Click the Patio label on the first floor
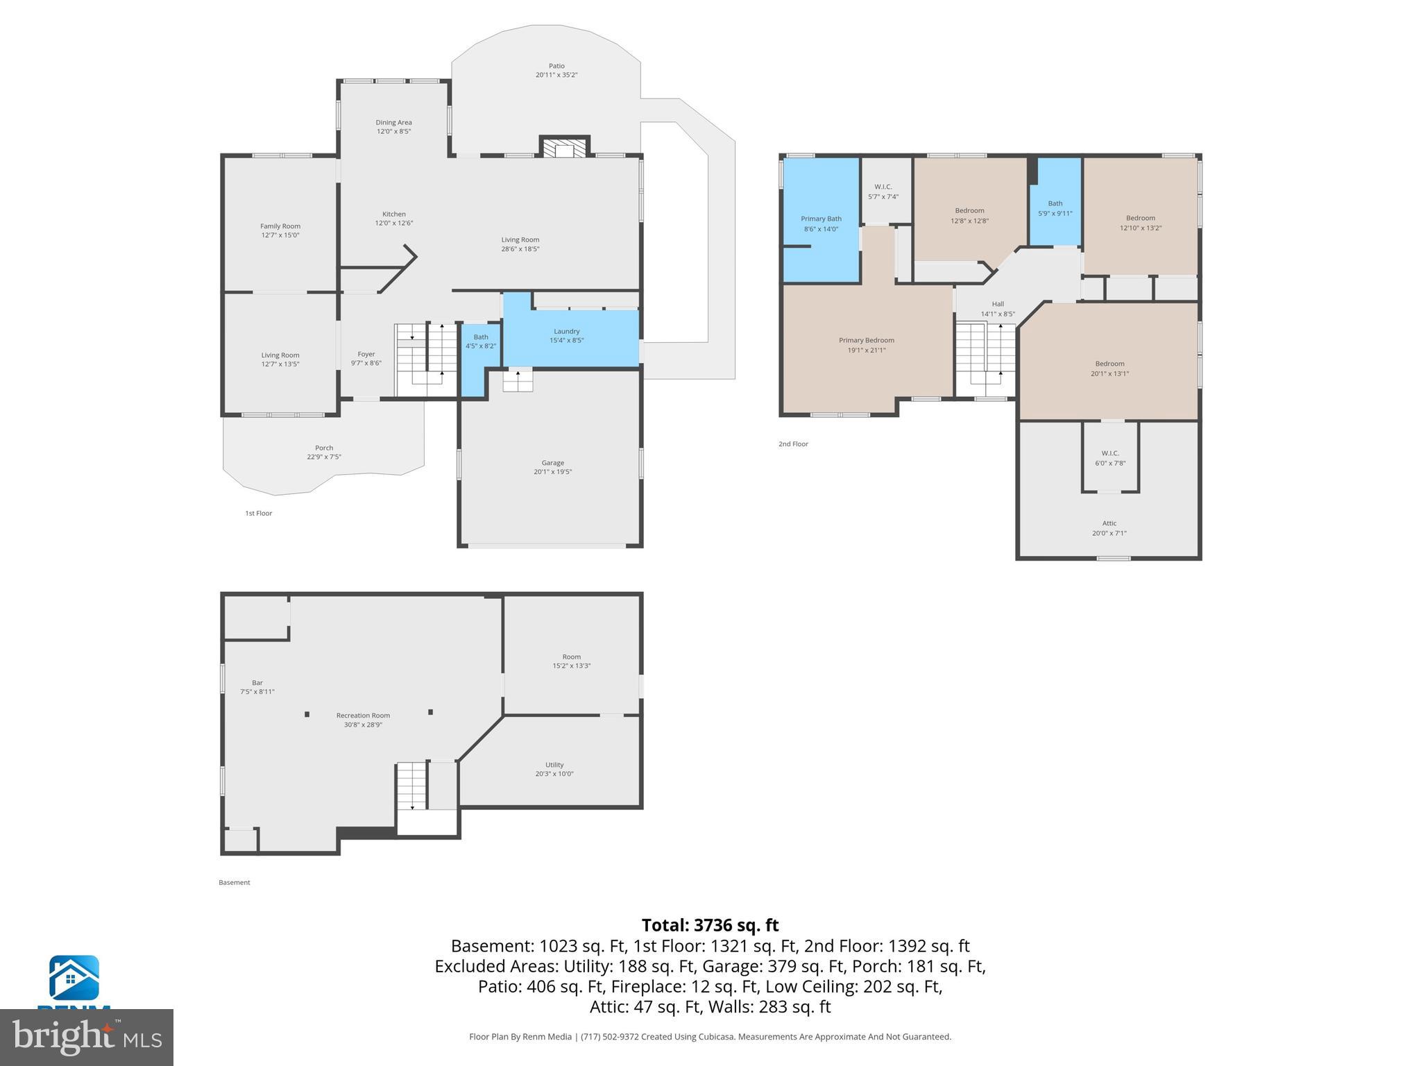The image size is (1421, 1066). (556, 66)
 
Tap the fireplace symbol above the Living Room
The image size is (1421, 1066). (564, 149)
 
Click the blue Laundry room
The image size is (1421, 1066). (567, 337)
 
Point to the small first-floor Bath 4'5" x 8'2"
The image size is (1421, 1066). (480, 341)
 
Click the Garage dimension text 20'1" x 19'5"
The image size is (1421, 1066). (552, 472)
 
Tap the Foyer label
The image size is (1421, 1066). (366, 354)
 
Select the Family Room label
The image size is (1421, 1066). (280, 226)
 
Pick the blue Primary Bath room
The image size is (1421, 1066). (821, 223)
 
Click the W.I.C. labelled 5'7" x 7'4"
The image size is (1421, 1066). (883, 192)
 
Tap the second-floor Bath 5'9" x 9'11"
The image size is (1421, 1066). (1055, 208)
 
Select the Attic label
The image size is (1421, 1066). (1109, 523)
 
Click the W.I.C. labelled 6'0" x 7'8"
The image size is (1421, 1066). (1109, 458)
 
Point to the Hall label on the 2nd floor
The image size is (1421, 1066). (997, 304)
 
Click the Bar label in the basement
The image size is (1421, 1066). (257, 683)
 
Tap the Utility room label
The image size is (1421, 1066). (554, 765)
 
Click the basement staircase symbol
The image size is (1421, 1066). (411, 785)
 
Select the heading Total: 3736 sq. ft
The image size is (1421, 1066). (710, 925)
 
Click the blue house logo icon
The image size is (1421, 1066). (74, 978)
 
